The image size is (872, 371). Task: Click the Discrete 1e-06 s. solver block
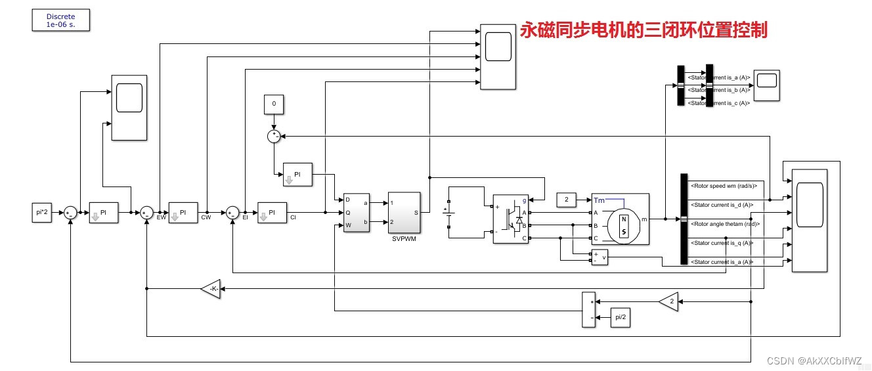(x=60, y=20)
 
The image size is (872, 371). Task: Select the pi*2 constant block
(x=41, y=212)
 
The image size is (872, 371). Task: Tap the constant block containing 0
(x=274, y=104)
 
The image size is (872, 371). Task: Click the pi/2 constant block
(x=619, y=316)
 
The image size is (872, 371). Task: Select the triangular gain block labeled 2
(x=668, y=301)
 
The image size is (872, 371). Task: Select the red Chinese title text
(x=643, y=30)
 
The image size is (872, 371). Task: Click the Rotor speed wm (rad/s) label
(x=724, y=186)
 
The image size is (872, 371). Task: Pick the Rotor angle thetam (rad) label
(x=725, y=224)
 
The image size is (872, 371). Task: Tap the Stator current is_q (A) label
(x=722, y=243)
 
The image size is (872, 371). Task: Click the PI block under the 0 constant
(x=297, y=174)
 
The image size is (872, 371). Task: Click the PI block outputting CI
(x=272, y=212)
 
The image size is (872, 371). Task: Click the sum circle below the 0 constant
(x=274, y=136)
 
